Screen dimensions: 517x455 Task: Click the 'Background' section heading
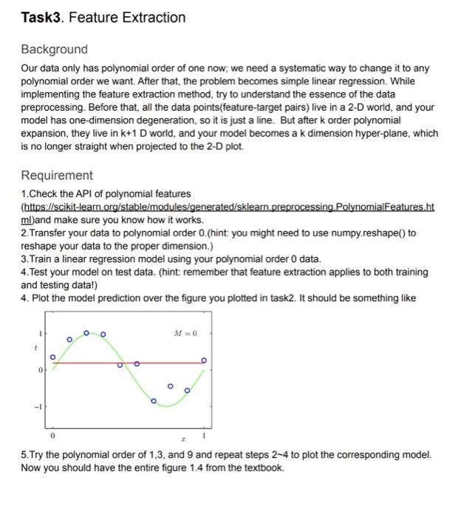tap(54, 49)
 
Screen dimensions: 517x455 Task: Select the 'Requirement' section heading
tap(57, 175)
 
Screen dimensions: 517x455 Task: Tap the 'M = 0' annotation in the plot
tap(180, 334)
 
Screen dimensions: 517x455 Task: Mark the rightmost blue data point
tap(205, 360)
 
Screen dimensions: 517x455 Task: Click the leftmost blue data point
tap(52, 357)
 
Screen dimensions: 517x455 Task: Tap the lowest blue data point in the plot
tap(154, 401)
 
